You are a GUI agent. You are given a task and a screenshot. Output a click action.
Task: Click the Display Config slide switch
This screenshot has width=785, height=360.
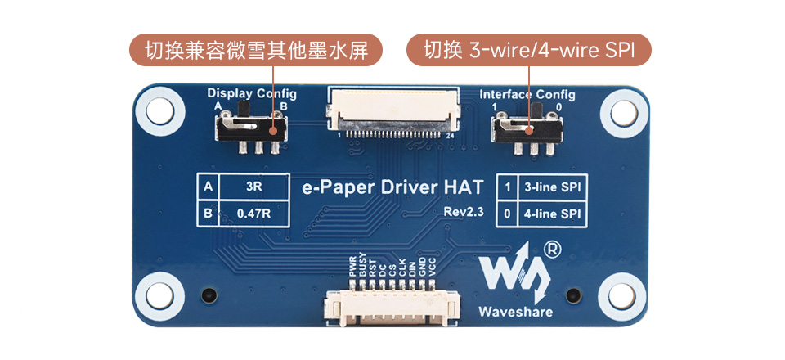click(252, 128)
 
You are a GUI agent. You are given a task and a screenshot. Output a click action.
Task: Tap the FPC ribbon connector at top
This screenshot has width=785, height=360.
click(393, 110)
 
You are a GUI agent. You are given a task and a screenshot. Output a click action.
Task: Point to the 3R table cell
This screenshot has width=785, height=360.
click(253, 187)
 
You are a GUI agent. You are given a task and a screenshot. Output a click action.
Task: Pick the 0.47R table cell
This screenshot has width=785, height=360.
click(253, 214)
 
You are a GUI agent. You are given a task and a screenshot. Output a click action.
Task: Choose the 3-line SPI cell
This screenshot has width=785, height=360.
click(553, 187)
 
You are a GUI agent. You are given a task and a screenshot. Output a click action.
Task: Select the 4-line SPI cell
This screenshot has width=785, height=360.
click(553, 214)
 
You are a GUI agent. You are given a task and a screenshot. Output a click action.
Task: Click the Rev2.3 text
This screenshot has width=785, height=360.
click(464, 212)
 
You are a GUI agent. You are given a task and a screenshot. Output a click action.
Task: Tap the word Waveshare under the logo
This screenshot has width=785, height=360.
click(515, 312)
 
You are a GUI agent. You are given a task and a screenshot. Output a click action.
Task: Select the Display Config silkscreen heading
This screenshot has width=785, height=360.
click(252, 93)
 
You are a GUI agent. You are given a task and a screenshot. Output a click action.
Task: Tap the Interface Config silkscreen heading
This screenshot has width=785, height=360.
click(527, 94)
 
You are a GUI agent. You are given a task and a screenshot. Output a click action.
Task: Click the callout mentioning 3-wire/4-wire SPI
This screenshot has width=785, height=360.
click(529, 51)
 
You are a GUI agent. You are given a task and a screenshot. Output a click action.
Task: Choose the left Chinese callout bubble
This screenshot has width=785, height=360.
click(255, 51)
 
